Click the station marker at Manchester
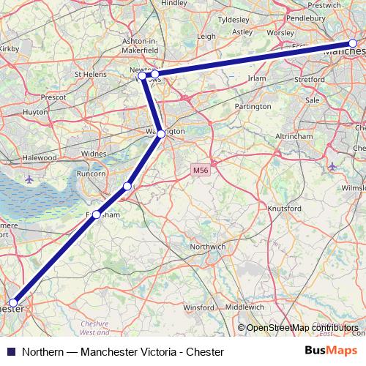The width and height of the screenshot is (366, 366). tap(353, 44)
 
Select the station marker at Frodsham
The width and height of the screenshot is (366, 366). tap(96, 214)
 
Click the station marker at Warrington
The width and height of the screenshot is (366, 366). tap(161, 134)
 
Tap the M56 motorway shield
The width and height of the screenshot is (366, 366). tap(201, 171)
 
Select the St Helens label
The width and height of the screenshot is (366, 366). tap(90, 74)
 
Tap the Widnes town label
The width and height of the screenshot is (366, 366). tap(93, 154)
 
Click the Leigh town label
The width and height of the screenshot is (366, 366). tap(206, 35)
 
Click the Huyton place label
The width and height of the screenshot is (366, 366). tap(34, 113)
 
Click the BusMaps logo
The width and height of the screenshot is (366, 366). tap(331, 351)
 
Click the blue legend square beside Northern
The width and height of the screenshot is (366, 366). tap(10, 351)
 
